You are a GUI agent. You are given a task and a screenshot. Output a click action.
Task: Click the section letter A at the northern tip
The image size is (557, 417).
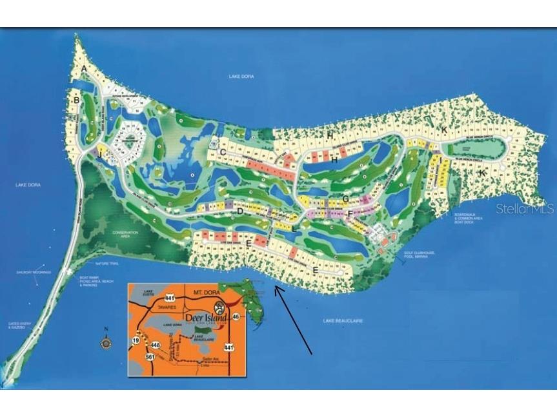[x=84, y=68]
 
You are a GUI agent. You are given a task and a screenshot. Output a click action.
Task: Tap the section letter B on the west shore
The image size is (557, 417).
[x=76, y=101]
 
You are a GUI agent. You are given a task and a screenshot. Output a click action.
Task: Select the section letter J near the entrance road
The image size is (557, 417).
[x=100, y=155]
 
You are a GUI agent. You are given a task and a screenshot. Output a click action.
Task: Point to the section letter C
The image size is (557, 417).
[x=222, y=152]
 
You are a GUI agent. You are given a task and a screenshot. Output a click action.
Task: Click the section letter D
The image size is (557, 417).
[x=239, y=211]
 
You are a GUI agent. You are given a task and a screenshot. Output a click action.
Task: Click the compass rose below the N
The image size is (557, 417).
[x=106, y=343]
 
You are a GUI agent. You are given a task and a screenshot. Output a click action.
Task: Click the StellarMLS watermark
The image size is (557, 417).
[x=525, y=209]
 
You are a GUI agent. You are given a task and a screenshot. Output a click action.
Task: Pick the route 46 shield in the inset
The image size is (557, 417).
[x=236, y=316]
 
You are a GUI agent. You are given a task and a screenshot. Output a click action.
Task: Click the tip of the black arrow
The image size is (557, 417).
[x=276, y=287]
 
